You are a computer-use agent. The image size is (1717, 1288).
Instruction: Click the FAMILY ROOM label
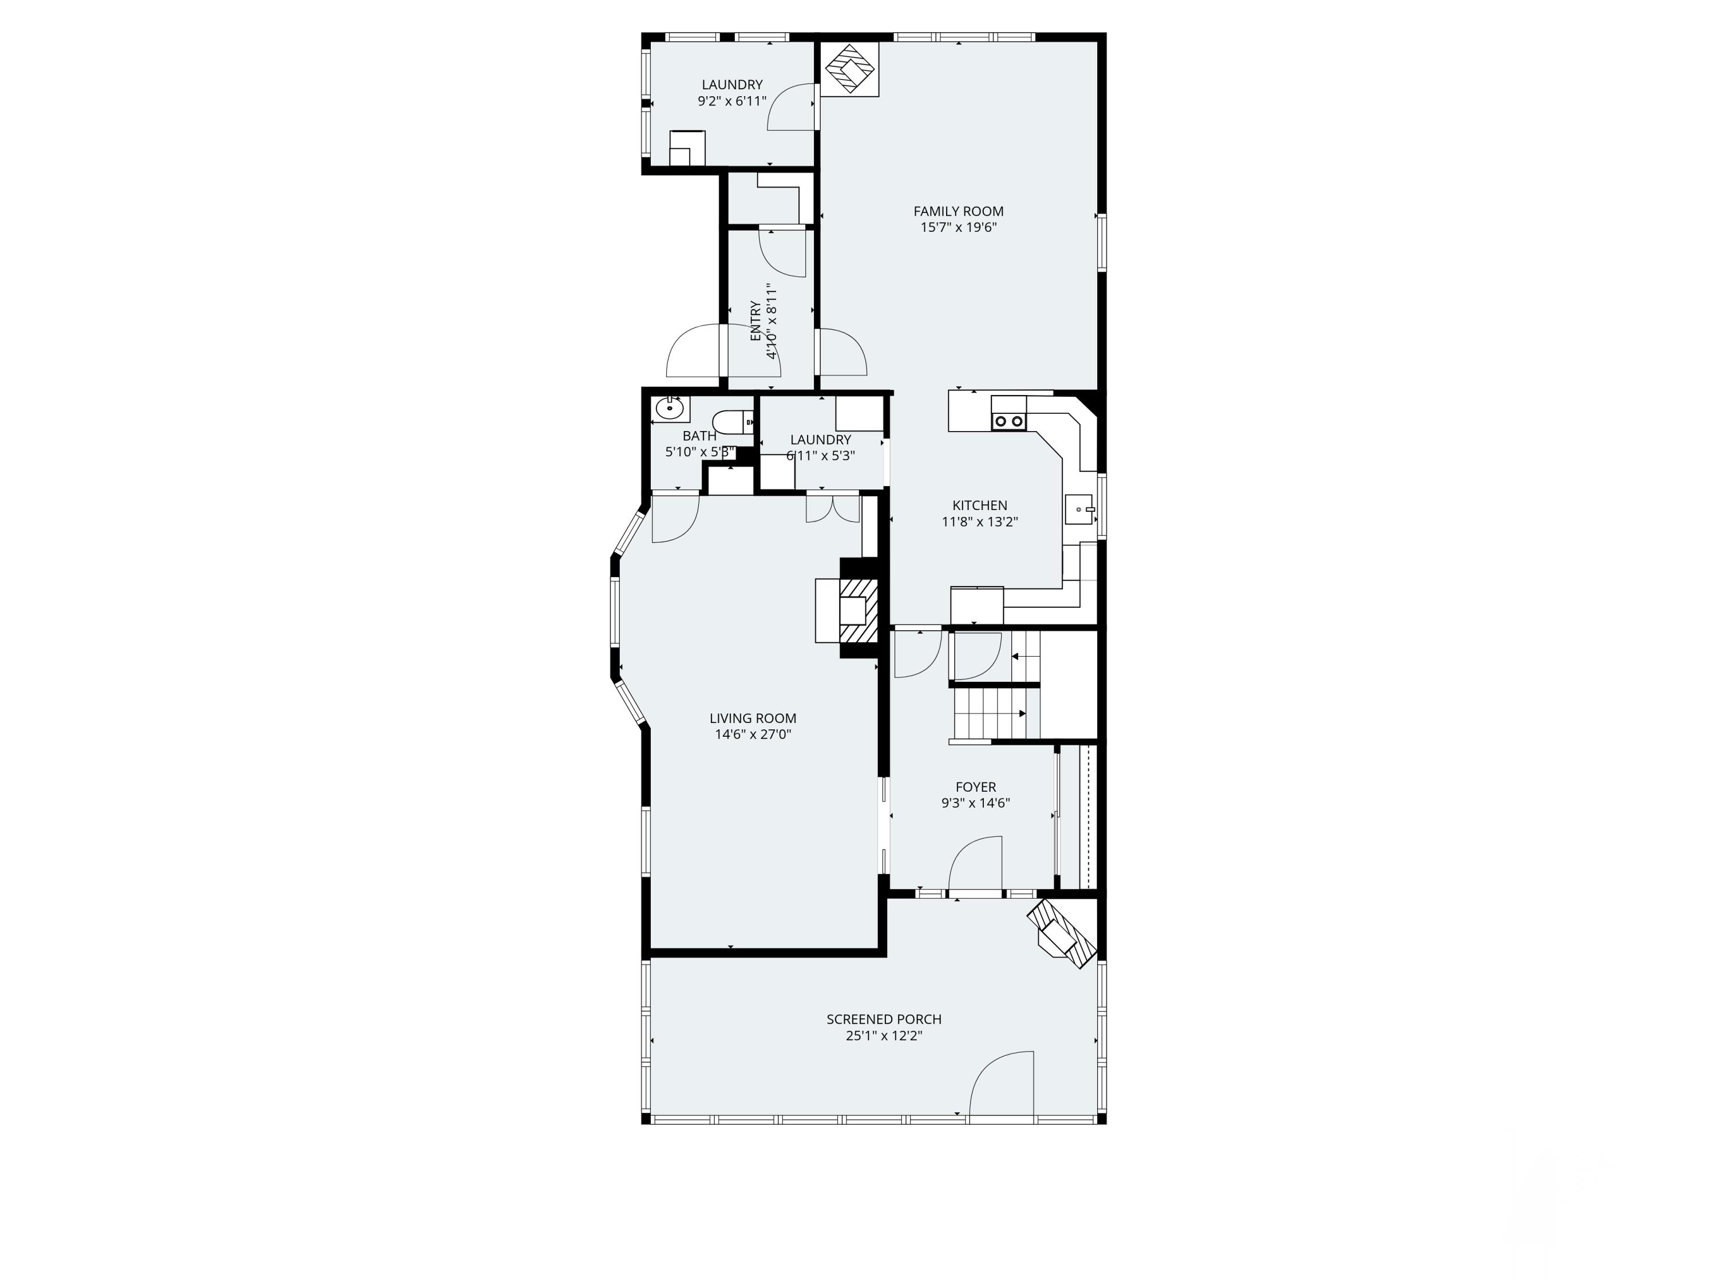(x=958, y=211)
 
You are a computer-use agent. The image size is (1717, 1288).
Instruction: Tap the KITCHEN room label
(x=980, y=505)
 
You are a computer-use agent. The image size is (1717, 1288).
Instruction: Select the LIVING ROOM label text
(x=752, y=718)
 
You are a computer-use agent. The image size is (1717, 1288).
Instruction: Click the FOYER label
(x=976, y=787)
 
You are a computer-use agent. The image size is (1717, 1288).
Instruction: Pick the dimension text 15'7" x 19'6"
(x=958, y=227)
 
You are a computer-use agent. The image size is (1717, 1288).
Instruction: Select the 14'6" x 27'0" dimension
(x=752, y=734)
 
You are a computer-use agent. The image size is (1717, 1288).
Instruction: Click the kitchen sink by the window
(x=1079, y=510)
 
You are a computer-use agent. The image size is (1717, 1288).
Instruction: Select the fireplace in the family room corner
(x=849, y=68)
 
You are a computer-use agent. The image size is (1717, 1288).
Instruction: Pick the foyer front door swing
(x=976, y=866)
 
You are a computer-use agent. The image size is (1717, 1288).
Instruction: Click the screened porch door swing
(x=1003, y=1085)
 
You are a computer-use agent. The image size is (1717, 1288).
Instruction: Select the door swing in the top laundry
(x=792, y=106)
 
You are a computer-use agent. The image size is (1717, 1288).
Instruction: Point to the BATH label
(x=699, y=436)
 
